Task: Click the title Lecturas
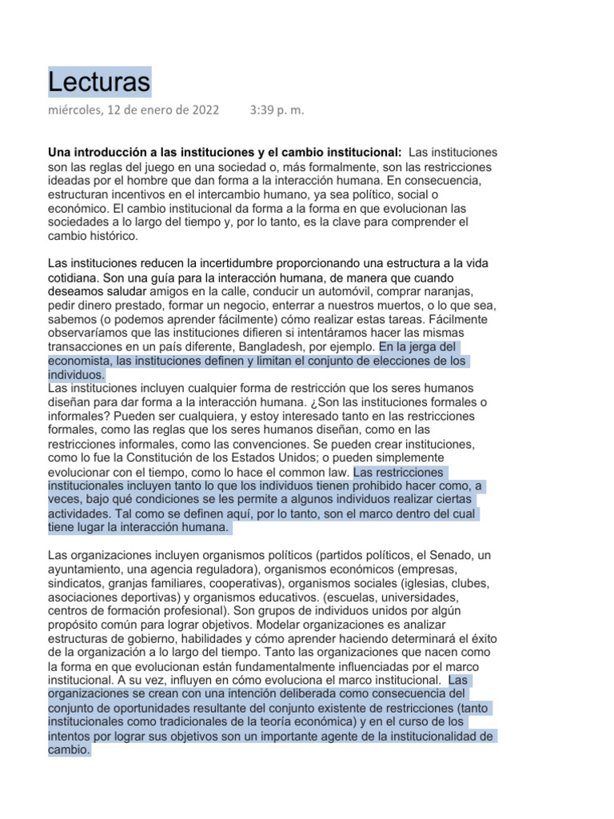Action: [99, 82]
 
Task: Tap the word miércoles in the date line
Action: [76, 111]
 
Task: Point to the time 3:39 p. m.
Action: [277, 111]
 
